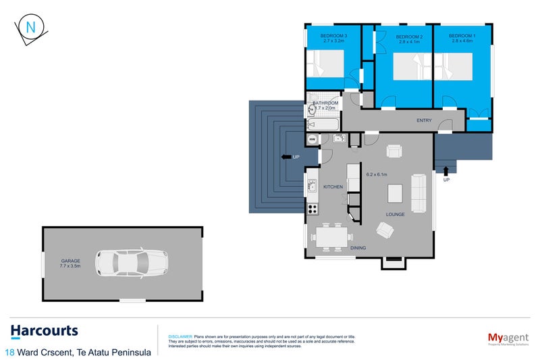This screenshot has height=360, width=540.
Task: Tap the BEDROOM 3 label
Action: (x=333, y=36)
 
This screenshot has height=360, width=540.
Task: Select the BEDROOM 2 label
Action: (x=409, y=36)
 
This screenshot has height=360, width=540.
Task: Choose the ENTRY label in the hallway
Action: (x=424, y=121)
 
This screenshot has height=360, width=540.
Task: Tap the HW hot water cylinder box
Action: (x=312, y=140)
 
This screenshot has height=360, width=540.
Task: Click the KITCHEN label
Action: (x=333, y=187)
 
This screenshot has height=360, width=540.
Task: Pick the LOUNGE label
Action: (x=395, y=215)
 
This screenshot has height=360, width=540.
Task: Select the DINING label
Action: (x=358, y=249)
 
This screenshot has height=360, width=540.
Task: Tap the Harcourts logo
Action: (x=45, y=331)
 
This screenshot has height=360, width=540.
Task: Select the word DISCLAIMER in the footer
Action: (x=180, y=336)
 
